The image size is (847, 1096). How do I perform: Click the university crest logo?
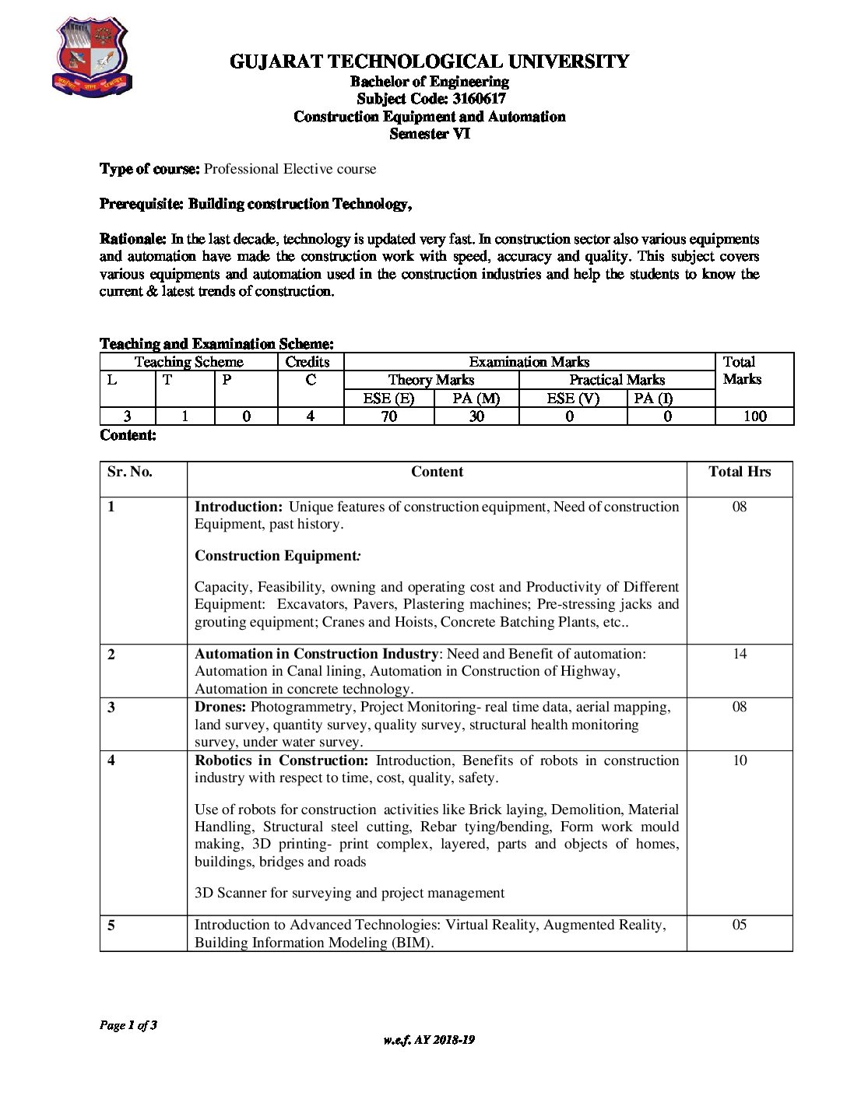(x=91, y=58)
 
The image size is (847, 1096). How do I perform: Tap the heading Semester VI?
(x=430, y=134)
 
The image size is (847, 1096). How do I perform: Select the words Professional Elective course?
(x=290, y=169)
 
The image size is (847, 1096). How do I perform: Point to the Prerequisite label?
(x=141, y=204)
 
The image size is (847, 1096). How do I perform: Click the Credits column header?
(x=308, y=362)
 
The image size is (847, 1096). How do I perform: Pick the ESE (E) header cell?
(x=388, y=399)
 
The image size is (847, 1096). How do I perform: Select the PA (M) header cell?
(x=476, y=399)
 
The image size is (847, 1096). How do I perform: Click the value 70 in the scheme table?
(x=388, y=416)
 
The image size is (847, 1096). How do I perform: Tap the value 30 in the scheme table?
(x=476, y=416)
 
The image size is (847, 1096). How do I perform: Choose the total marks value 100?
(x=754, y=416)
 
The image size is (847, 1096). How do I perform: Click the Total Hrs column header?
(x=740, y=472)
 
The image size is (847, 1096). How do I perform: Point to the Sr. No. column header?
(x=130, y=472)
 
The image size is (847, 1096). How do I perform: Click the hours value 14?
(x=740, y=654)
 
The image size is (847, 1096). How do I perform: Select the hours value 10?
(x=740, y=761)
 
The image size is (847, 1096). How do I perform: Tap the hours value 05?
(x=740, y=925)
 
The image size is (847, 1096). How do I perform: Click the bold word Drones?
(x=220, y=707)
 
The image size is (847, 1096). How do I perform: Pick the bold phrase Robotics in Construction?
(x=280, y=761)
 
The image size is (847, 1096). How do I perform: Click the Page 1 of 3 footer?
(x=128, y=1025)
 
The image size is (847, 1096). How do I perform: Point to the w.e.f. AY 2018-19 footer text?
(x=429, y=1040)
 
